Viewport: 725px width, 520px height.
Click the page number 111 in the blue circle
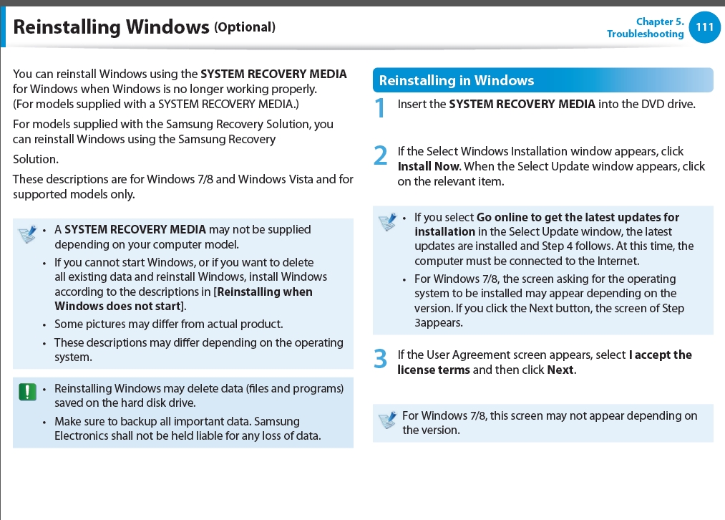point(704,27)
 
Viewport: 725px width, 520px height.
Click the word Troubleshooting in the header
point(645,34)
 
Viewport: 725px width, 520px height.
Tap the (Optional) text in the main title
point(245,27)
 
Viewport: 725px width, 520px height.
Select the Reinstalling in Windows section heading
point(457,80)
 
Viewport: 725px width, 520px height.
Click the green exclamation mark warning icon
point(27,392)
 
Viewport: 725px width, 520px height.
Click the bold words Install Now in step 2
point(428,166)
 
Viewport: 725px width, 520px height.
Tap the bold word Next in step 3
point(560,370)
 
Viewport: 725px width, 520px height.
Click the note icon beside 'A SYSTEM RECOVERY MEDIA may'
point(27,233)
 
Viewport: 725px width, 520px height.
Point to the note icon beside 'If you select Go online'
point(387,221)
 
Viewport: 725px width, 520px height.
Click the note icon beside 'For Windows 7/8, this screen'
point(387,420)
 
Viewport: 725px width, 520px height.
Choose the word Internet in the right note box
point(617,261)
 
